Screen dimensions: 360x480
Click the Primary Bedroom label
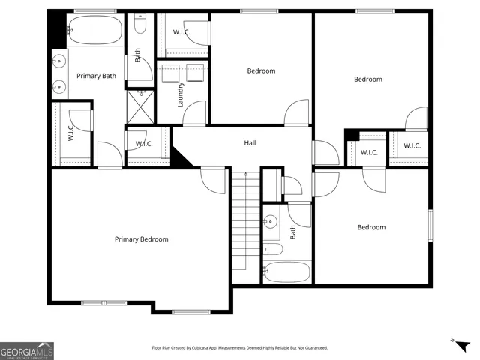(x=141, y=239)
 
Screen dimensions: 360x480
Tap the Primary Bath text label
(x=96, y=76)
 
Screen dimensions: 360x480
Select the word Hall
(x=250, y=142)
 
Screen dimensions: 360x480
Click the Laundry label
(x=180, y=95)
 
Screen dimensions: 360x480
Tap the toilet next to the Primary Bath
(x=139, y=26)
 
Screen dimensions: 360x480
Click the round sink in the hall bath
(x=271, y=222)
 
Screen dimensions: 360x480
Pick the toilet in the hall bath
(x=273, y=248)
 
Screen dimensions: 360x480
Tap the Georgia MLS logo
(x=27, y=350)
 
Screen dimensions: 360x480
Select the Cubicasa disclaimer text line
(x=239, y=348)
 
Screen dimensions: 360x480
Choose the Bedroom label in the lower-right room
(x=370, y=227)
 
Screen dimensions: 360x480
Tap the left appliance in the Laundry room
(x=170, y=73)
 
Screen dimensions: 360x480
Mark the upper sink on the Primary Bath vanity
(x=58, y=61)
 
